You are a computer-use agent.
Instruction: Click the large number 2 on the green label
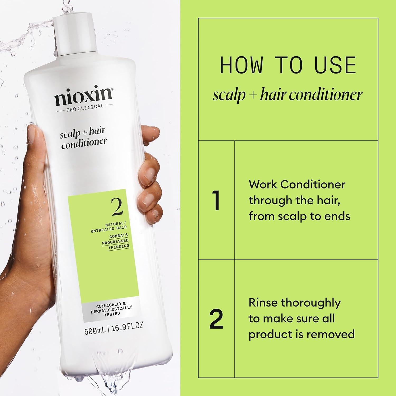(x=117, y=207)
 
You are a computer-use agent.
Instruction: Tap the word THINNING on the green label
(x=119, y=246)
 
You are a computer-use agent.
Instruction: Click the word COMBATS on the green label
(x=119, y=235)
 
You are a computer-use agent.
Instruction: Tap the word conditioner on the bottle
(x=84, y=143)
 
